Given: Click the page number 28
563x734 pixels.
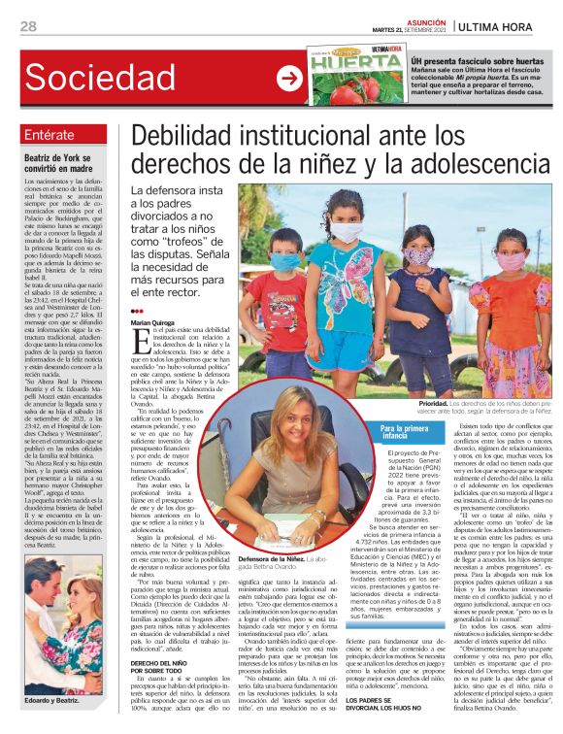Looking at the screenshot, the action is (x=29, y=26).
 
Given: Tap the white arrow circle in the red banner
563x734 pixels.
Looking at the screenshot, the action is (x=288, y=79).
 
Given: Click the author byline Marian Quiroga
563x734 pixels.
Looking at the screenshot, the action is (x=154, y=321).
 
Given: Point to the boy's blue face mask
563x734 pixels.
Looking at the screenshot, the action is (x=283, y=261).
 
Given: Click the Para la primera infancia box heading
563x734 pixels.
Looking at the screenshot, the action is (x=406, y=432).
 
